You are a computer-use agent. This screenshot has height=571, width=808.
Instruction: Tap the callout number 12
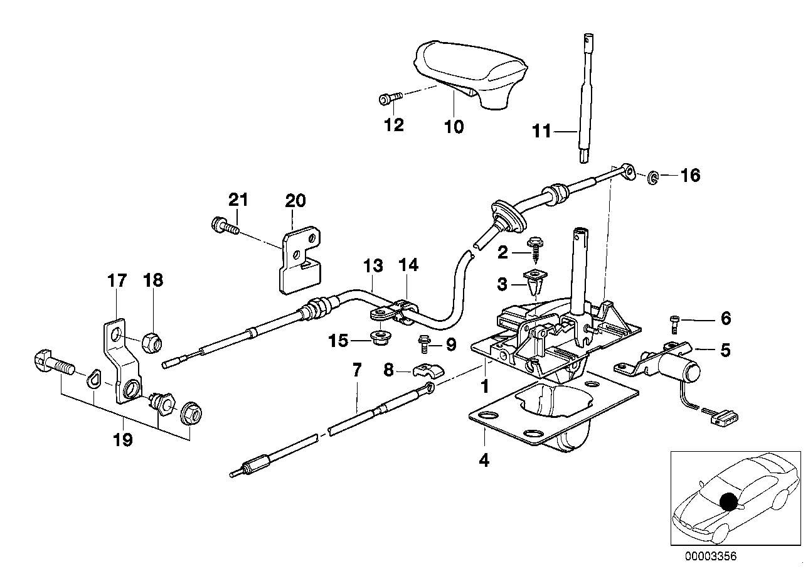(393, 125)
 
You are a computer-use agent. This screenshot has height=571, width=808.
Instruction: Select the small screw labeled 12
(391, 98)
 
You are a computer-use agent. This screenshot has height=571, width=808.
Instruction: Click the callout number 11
(542, 131)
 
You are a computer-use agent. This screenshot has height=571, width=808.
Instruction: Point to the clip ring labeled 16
(653, 178)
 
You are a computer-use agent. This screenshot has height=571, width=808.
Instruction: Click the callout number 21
(238, 200)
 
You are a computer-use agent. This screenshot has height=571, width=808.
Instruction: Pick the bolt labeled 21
(225, 225)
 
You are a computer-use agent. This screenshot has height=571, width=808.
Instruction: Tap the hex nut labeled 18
(152, 343)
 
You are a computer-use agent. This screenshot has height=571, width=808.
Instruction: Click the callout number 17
(117, 280)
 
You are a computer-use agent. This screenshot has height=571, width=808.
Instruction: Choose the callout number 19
(123, 440)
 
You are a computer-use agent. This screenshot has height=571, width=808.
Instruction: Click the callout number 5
(725, 350)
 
